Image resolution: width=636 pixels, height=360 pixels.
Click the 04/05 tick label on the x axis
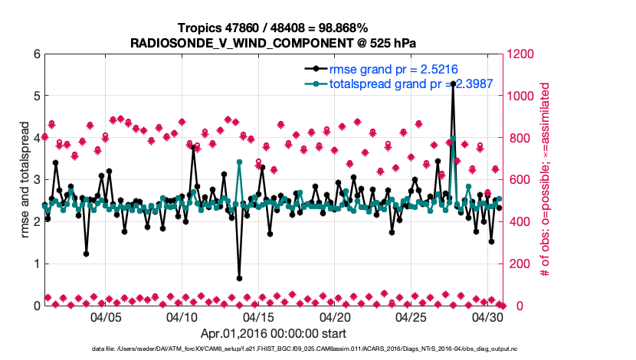[106, 316]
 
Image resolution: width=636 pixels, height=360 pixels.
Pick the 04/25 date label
[411, 316]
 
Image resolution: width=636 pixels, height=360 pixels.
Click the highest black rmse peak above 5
[453, 83]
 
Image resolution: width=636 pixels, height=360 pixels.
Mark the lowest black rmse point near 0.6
[239, 278]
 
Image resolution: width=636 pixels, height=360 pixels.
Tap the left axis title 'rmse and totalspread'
[25, 180]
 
